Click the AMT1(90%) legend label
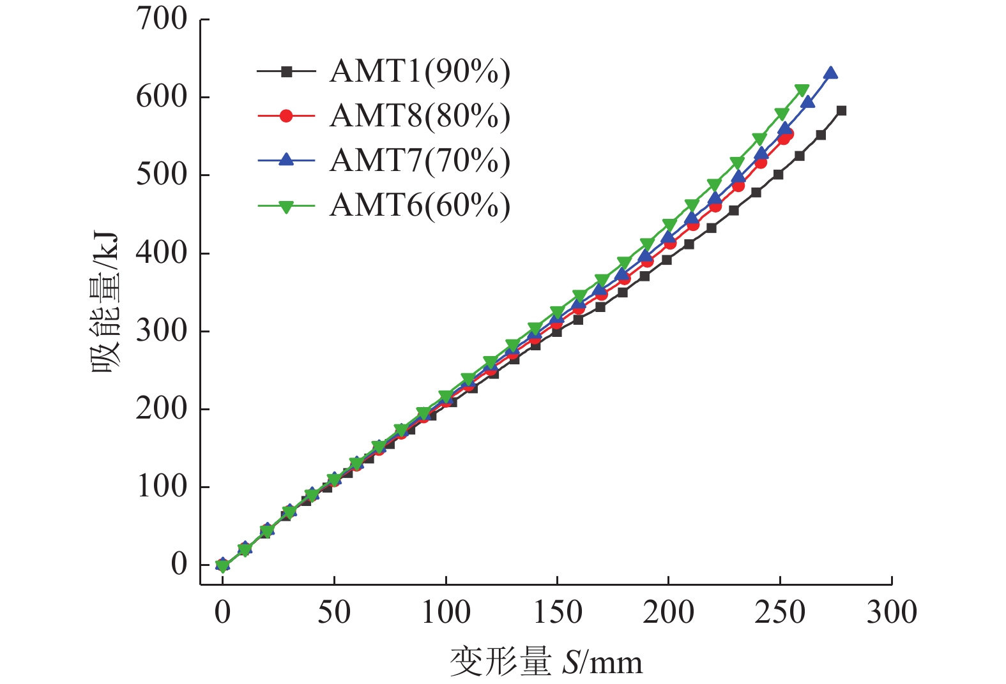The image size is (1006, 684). click(x=420, y=71)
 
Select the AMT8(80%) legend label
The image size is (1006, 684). click(x=420, y=116)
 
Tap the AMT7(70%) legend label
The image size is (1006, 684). click(x=420, y=161)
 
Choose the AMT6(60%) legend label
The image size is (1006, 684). click(x=420, y=205)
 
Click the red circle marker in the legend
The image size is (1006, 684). click(x=286, y=116)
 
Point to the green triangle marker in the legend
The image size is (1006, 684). click(x=286, y=207)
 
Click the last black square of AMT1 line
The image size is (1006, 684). click(x=841, y=110)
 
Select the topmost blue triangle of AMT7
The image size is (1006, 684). click(x=830, y=73)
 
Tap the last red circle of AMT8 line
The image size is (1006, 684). click(x=788, y=134)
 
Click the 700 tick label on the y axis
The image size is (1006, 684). click(x=162, y=19)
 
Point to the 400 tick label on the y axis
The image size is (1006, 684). click(x=162, y=253)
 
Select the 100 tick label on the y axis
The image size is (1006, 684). click(x=162, y=487)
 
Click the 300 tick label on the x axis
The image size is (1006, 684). click(x=892, y=612)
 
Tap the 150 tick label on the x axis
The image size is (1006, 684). click(x=557, y=612)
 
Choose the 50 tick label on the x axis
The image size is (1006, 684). click(x=334, y=612)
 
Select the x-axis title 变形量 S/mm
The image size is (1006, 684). click(x=546, y=662)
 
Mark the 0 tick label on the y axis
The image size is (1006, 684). click(x=179, y=565)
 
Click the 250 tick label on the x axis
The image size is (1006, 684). click(x=780, y=612)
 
